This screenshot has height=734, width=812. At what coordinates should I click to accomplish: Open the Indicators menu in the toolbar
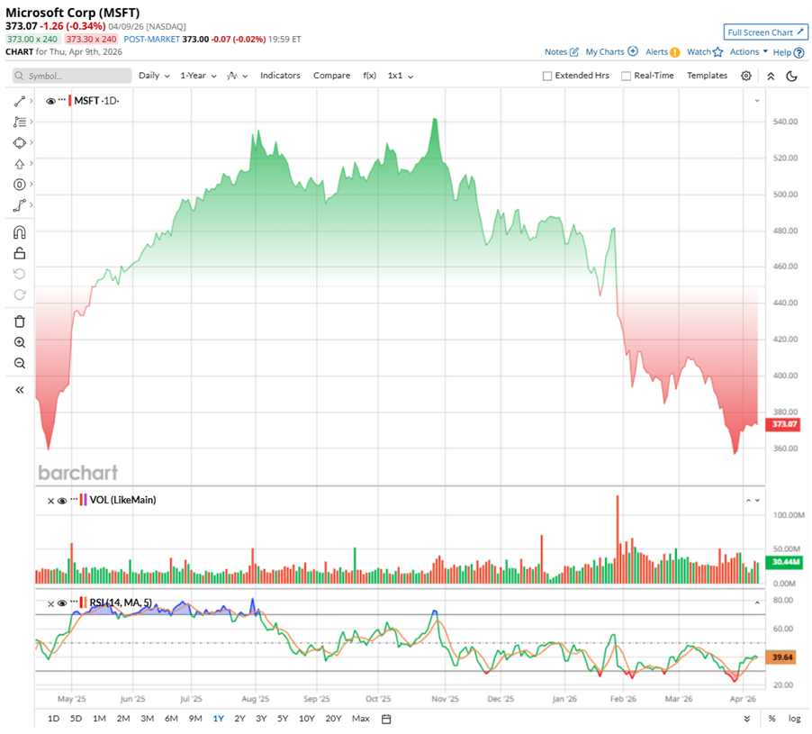tap(280, 76)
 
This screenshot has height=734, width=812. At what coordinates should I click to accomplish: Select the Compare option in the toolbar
tap(331, 76)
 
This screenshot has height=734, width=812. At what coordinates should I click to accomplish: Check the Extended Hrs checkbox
tap(547, 77)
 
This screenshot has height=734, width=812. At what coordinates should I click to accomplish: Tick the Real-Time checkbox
tap(626, 77)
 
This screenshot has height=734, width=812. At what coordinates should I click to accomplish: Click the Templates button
tap(707, 76)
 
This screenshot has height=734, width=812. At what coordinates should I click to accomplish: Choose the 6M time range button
tap(171, 719)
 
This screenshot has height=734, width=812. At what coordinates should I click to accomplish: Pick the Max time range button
tap(361, 719)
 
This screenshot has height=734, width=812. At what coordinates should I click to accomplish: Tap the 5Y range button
tap(283, 719)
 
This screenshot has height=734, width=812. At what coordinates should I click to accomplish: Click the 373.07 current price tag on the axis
tap(780, 423)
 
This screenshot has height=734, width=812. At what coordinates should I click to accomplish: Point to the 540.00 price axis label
tap(787, 122)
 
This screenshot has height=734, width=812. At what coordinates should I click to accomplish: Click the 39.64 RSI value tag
tap(779, 657)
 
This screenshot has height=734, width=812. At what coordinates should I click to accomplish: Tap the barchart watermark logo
tap(77, 473)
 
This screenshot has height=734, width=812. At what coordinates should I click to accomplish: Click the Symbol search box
tap(72, 77)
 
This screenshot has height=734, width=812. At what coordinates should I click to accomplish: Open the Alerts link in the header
tap(657, 52)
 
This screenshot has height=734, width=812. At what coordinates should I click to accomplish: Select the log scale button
tap(794, 719)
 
